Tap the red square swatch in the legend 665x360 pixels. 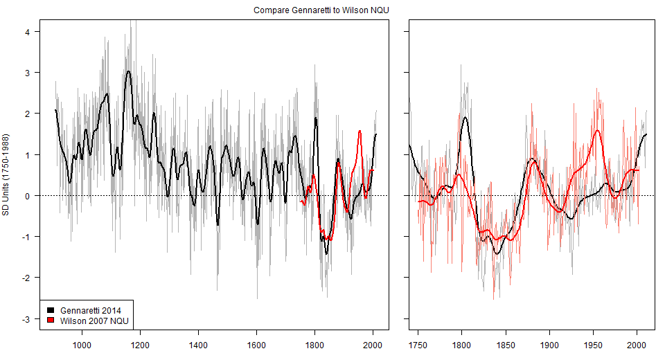(51, 320)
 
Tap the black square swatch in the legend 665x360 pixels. (51, 308)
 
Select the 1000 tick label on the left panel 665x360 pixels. (82, 344)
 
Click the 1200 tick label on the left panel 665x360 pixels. (140, 344)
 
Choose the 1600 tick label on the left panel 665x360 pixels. (256, 344)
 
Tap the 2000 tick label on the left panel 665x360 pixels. (373, 344)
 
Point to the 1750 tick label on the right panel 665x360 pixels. (418, 344)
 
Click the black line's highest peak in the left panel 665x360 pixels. (128, 71)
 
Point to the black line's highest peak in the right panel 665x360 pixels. (465, 117)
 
